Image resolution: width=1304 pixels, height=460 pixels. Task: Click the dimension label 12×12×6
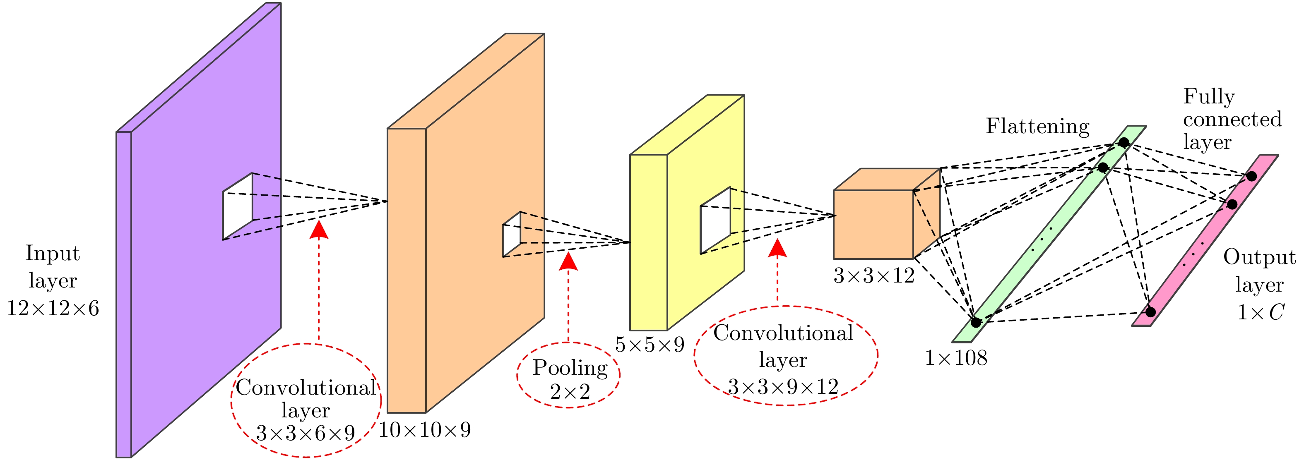(x=53, y=308)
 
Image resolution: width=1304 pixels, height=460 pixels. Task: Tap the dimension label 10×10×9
(x=425, y=430)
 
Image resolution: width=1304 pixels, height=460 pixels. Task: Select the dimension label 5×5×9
(x=650, y=345)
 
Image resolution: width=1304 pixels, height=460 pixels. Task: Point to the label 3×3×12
(x=874, y=276)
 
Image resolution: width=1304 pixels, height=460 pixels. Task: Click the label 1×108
(x=956, y=358)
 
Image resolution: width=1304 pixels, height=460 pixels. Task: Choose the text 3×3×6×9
(x=305, y=433)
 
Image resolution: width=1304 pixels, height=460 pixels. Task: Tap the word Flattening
(x=1037, y=127)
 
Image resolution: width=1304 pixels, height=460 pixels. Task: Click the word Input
(x=53, y=253)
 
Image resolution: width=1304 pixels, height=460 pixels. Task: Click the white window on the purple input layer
(x=238, y=206)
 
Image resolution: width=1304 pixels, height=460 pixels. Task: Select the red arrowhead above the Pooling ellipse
(x=568, y=261)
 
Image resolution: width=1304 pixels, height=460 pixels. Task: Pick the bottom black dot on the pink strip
(x=1150, y=312)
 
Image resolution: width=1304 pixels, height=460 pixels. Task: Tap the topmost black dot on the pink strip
(x=1251, y=176)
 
